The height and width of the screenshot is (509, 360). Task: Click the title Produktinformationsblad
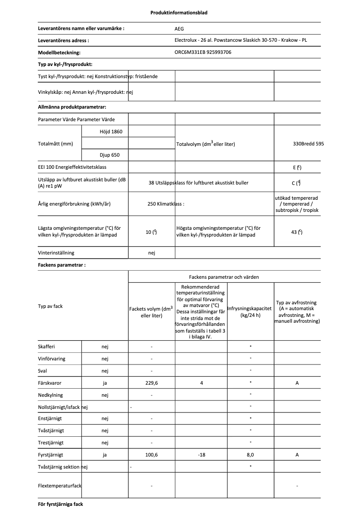pyautogui.click(x=179, y=13)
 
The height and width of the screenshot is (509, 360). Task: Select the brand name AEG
pyautogui.click(x=179, y=28)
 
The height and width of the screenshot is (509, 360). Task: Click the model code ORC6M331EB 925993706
pyautogui.click(x=203, y=52)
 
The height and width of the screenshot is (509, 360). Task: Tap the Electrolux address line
pyautogui.click(x=241, y=40)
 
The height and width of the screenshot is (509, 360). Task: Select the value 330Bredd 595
pyautogui.click(x=308, y=144)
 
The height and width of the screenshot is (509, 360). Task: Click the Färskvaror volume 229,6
pyautogui.click(x=151, y=383)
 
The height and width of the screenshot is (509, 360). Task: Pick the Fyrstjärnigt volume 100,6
pyautogui.click(x=151, y=455)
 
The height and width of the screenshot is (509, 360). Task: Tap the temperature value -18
pyautogui.click(x=202, y=455)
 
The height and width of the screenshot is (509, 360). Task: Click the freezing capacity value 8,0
pyautogui.click(x=250, y=455)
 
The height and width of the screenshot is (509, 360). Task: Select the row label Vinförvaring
pyautogui.click(x=52, y=359)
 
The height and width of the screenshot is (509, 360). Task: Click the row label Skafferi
pyautogui.click(x=47, y=347)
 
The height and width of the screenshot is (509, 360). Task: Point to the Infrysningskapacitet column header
pyautogui.click(x=250, y=312)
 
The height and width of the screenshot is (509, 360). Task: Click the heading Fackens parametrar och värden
pyautogui.click(x=224, y=277)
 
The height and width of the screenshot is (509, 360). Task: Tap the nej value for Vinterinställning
pyautogui.click(x=151, y=253)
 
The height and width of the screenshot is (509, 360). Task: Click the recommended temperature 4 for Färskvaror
pyautogui.click(x=202, y=383)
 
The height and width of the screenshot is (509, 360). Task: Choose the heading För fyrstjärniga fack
pyautogui.click(x=61, y=504)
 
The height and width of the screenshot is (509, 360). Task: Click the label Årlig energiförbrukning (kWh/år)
pyautogui.click(x=75, y=204)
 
